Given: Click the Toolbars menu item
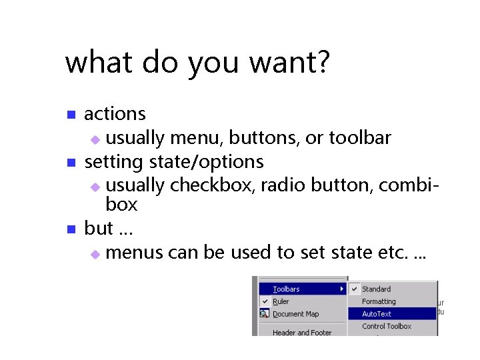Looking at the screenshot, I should pyautogui.click(x=286, y=289).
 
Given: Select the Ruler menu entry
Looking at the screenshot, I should pyautogui.click(x=281, y=301).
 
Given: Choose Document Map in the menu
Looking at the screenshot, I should pyautogui.click(x=295, y=314).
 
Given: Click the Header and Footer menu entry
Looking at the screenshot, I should pyautogui.click(x=301, y=332).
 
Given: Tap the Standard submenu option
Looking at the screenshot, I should pyautogui.click(x=376, y=289).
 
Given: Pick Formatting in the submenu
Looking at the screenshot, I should pyautogui.click(x=379, y=301).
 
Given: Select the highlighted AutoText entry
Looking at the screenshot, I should pyautogui.click(x=377, y=314).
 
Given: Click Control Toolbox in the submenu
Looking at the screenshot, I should pyautogui.click(x=387, y=326).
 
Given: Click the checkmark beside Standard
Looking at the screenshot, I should pyautogui.click(x=355, y=289).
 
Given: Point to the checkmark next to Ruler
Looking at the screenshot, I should pyautogui.click(x=265, y=301).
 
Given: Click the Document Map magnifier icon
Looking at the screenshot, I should pyautogui.click(x=265, y=314).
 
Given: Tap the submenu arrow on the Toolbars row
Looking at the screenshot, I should pyautogui.click(x=342, y=289).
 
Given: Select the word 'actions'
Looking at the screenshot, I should pyautogui.click(x=115, y=114).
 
